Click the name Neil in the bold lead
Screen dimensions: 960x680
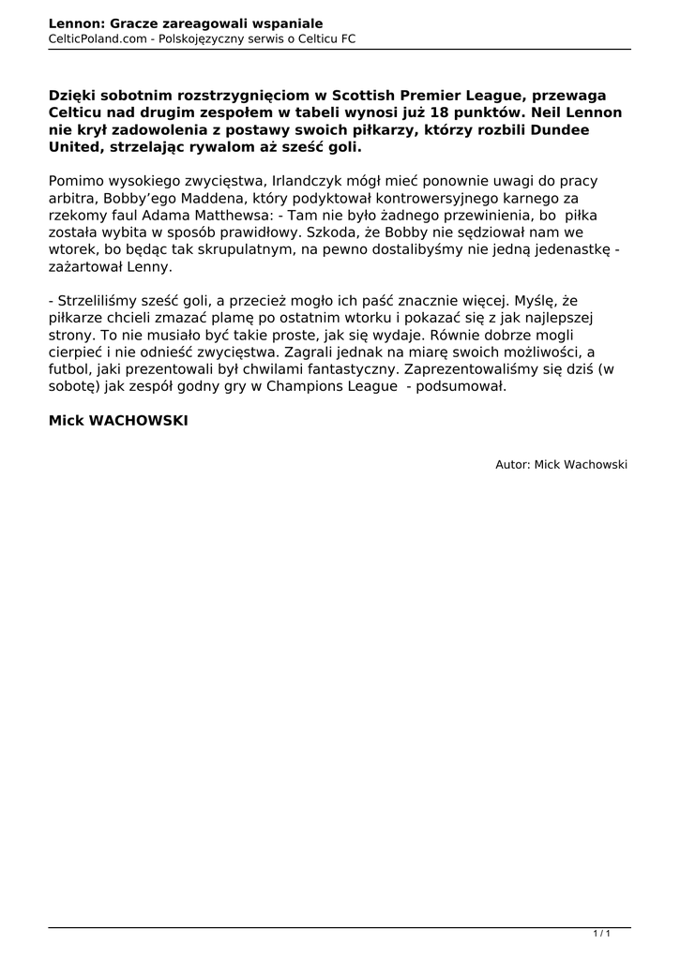click(x=545, y=112)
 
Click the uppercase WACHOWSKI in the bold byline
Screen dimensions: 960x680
click(x=138, y=422)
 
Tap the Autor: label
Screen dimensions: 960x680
click(x=513, y=464)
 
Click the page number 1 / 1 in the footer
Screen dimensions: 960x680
click(x=602, y=934)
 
